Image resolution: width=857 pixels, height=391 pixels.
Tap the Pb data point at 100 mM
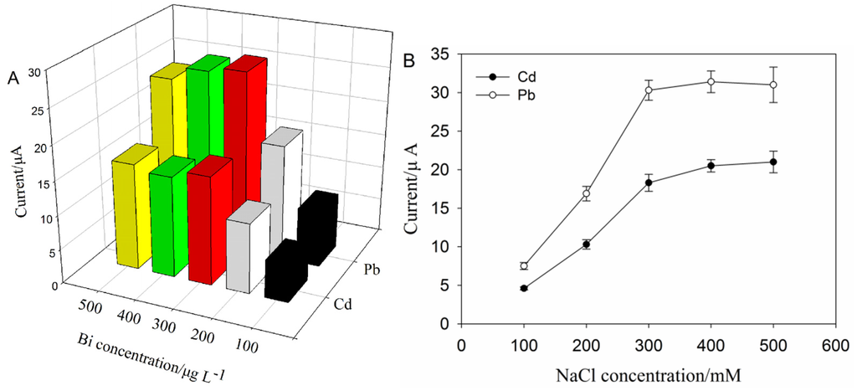point(524,266)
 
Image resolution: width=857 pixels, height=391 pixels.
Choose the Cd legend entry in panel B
point(505,75)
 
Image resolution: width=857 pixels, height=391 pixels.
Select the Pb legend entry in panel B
point(505,95)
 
